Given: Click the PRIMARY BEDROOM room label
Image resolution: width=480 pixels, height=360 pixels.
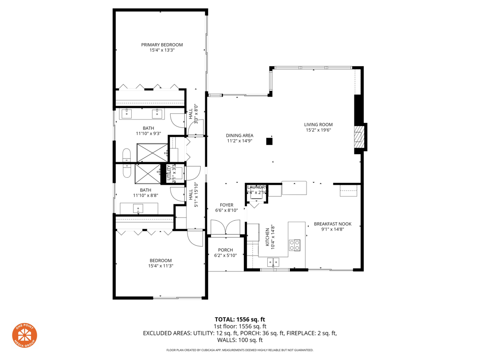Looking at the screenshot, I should [x=162, y=45].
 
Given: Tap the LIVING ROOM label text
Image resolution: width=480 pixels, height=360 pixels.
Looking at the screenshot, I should [x=318, y=125].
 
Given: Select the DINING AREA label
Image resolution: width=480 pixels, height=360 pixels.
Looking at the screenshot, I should [x=240, y=135].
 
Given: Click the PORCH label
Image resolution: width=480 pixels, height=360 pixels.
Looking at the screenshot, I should [x=225, y=250].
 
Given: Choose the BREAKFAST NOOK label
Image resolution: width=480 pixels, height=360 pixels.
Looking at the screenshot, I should [x=332, y=224].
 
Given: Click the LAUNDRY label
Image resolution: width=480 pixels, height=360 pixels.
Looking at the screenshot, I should [x=257, y=187].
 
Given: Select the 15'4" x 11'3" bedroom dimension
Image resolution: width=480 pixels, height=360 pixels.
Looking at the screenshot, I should [x=161, y=266].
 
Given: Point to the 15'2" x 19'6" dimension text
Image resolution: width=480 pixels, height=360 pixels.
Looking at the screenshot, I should [x=318, y=130].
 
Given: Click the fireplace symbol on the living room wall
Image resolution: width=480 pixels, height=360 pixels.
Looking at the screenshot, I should [x=359, y=138].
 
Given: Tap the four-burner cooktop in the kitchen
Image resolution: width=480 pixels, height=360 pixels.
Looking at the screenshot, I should [x=295, y=245].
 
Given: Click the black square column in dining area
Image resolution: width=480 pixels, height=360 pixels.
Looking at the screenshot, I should [x=270, y=141].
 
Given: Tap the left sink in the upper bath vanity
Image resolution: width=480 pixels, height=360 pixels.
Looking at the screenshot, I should [x=127, y=113].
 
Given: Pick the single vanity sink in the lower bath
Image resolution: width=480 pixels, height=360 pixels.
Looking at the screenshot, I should [x=138, y=208].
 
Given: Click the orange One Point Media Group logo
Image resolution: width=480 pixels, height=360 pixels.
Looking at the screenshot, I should [x=24, y=335].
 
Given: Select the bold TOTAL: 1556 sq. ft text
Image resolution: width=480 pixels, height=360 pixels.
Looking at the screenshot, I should [x=240, y=320].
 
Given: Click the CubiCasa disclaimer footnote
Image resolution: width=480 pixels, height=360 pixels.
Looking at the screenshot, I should [x=240, y=350].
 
